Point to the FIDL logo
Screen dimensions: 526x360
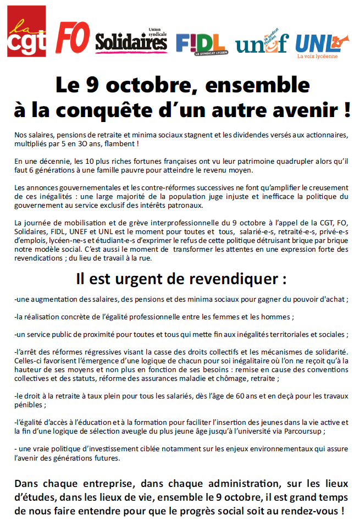pyautogui.click(x=200, y=43)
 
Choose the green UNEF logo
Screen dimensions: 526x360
pyautogui.click(x=262, y=43)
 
